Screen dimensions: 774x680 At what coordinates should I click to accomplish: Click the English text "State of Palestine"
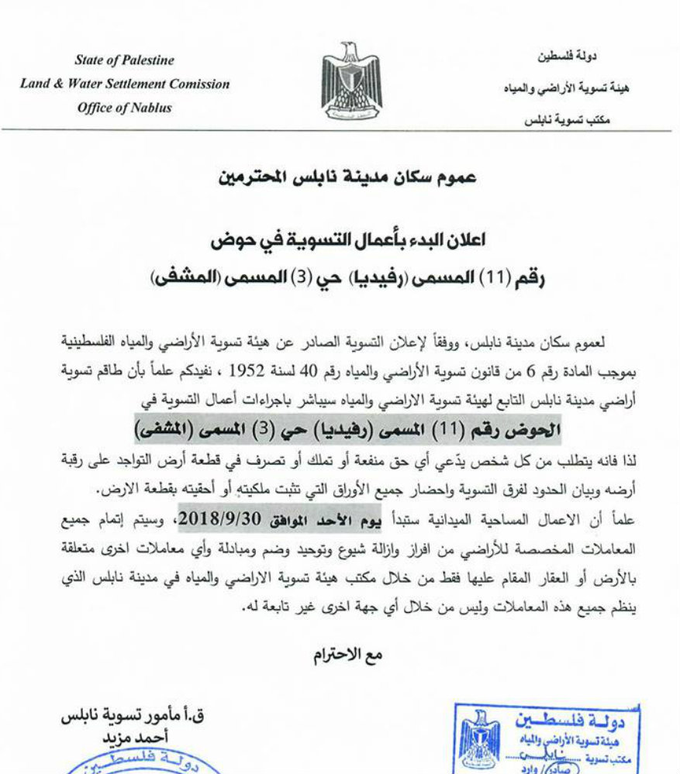click(124, 60)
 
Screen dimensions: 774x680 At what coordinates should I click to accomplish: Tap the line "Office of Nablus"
click(124, 108)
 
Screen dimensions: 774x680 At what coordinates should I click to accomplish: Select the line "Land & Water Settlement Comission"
click(124, 84)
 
